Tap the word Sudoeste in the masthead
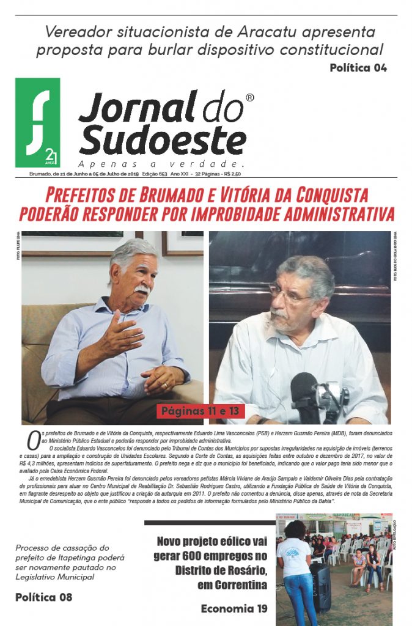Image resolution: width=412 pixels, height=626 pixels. coord(163,140)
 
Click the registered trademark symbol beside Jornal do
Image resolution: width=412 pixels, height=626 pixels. coord(249,98)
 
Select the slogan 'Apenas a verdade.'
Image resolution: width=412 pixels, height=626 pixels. coord(161,164)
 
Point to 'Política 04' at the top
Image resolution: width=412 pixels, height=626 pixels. coord(358,68)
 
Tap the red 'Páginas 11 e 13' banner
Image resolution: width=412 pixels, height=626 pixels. coord(200,411)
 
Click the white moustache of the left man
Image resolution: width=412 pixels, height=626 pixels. coord(142,289)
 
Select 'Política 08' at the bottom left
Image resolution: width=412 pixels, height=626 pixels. coord(44,597)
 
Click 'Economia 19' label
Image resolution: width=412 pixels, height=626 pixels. coord(234,609)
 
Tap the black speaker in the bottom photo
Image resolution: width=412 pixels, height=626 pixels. coord(320,586)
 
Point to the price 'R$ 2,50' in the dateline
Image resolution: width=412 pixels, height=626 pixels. coord(232,174)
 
